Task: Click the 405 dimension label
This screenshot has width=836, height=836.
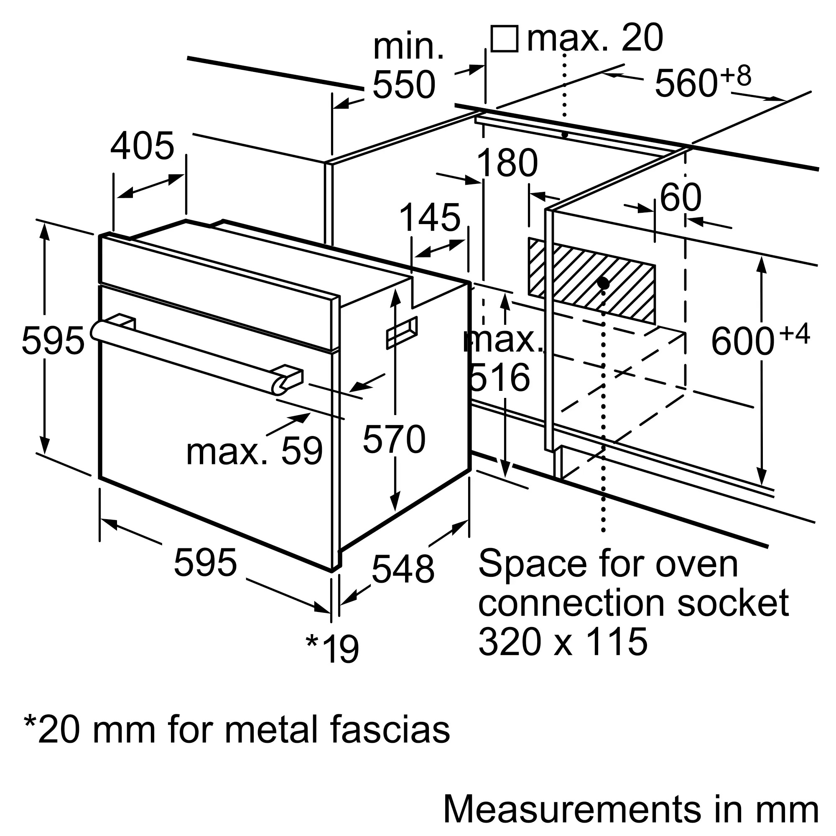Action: [143, 146]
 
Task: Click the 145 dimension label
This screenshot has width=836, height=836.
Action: [430, 218]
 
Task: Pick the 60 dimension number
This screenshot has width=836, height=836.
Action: [680, 197]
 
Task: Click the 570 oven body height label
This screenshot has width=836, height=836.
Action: [394, 439]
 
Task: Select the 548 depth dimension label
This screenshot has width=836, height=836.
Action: [403, 569]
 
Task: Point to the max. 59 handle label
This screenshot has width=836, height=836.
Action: [255, 451]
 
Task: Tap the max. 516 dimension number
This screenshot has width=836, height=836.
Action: [502, 359]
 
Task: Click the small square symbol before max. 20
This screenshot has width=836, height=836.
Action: [505, 38]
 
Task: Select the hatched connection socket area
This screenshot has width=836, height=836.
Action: [591, 280]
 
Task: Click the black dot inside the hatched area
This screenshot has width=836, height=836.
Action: [603, 284]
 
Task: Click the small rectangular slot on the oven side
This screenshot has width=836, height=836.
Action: [402, 332]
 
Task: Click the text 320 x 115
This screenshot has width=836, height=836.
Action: [563, 641]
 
